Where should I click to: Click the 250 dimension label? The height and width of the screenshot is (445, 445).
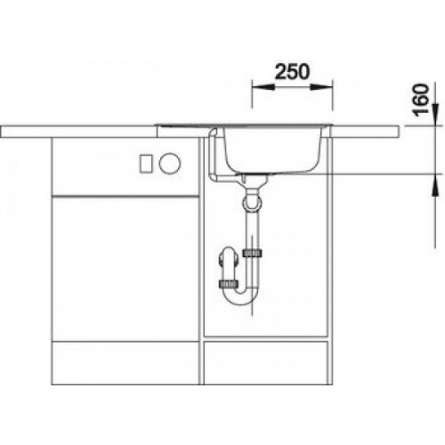(292, 72)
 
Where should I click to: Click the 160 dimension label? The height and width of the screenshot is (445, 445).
(421, 101)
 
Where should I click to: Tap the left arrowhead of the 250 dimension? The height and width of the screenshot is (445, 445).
(263, 87)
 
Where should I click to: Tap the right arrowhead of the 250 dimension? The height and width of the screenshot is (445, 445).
(321, 87)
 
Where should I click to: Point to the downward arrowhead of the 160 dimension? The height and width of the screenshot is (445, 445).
(434, 114)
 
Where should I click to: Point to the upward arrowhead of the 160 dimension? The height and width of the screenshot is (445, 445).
(434, 185)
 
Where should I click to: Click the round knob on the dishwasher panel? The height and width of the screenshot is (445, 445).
(169, 163)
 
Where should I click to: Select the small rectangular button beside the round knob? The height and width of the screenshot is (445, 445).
(146, 163)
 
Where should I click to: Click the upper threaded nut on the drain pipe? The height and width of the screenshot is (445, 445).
(252, 253)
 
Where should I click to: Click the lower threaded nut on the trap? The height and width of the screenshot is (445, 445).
(228, 284)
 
